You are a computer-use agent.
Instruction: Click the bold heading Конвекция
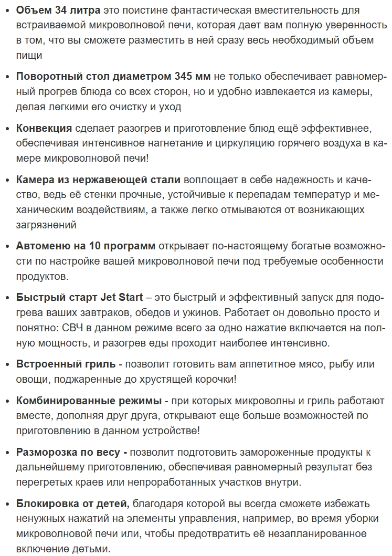click(44, 129)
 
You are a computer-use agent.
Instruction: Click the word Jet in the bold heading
click(109, 298)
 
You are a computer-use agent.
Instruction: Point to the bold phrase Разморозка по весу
click(71, 452)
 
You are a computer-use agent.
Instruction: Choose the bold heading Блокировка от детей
click(73, 503)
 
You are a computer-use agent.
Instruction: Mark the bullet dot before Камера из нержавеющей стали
click(7, 180)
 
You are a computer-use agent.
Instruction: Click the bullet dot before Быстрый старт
click(7, 298)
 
